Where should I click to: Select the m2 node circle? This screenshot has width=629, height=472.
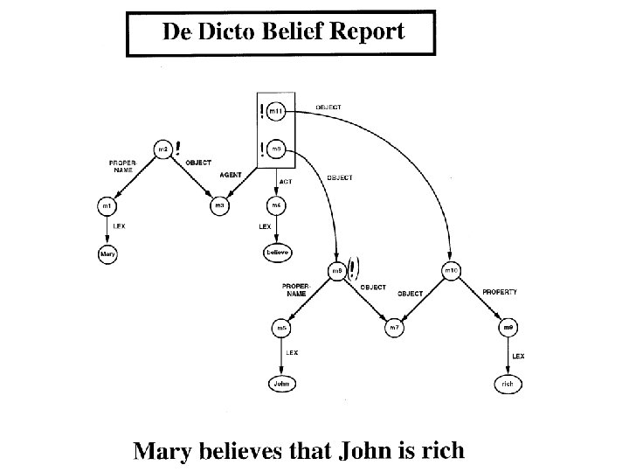[162, 149]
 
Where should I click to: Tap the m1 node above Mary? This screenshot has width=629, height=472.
[106, 206]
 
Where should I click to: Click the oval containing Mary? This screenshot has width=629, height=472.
[107, 253]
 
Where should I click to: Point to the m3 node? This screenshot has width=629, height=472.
[220, 206]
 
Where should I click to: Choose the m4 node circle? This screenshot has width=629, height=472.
[276, 206]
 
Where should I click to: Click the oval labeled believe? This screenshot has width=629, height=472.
[277, 253]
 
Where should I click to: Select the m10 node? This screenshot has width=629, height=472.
[451, 271]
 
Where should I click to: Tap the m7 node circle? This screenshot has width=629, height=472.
[394, 328]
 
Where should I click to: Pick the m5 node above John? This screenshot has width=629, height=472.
[280, 328]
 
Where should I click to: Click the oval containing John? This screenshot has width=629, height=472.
[280, 383]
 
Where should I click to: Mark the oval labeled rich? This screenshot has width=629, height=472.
[508, 383]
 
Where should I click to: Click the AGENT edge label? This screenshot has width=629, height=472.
[231, 175]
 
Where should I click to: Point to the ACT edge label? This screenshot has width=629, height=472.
[286, 182]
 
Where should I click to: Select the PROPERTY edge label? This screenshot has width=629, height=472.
[500, 292]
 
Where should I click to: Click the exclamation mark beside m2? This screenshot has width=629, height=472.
[178, 148]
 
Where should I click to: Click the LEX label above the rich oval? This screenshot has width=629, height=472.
[518, 357]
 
